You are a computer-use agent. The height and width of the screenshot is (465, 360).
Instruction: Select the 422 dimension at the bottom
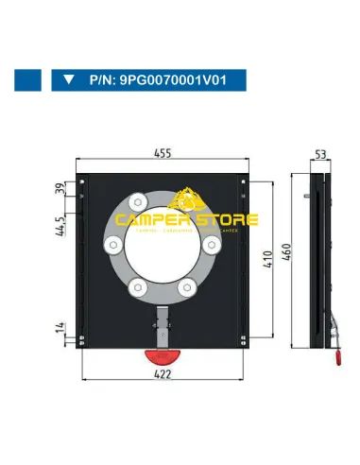pos(166,374)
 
